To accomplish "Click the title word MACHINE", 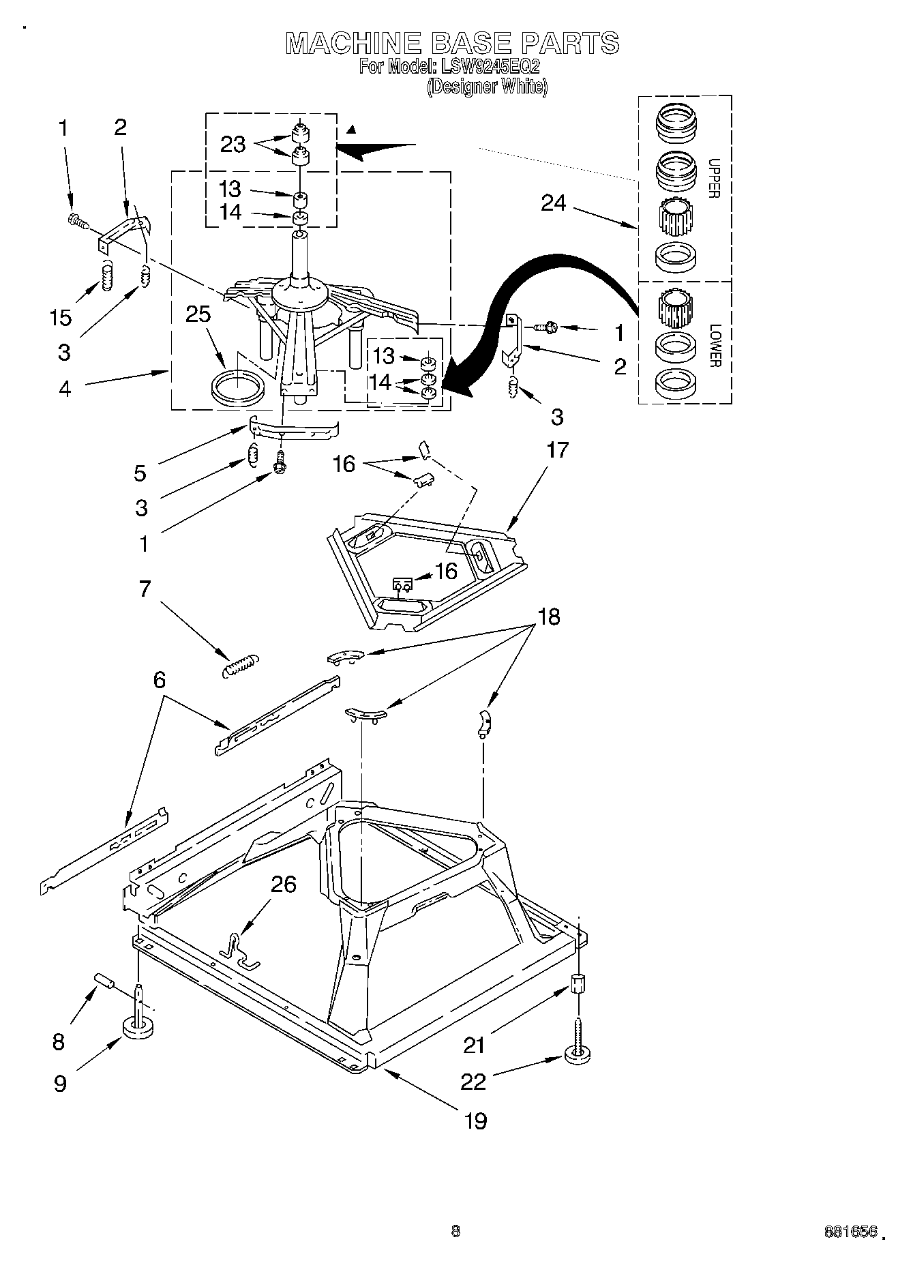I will pyautogui.click(x=353, y=43).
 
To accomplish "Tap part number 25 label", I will pyautogui.click(x=198, y=314).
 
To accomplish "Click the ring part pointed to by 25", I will pyautogui.click(x=236, y=389).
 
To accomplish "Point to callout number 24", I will pyautogui.click(x=553, y=203).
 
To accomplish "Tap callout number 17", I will pyautogui.click(x=557, y=450).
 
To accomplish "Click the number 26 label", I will pyautogui.click(x=284, y=884).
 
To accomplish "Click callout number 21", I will pyautogui.click(x=474, y=1044).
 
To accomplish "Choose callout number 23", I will pyautogui.click(x=233, y=145).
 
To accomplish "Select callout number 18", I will pyautogui.click(x=549, y=617).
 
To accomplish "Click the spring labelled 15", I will pyautogui.click(x=107, y=276).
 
